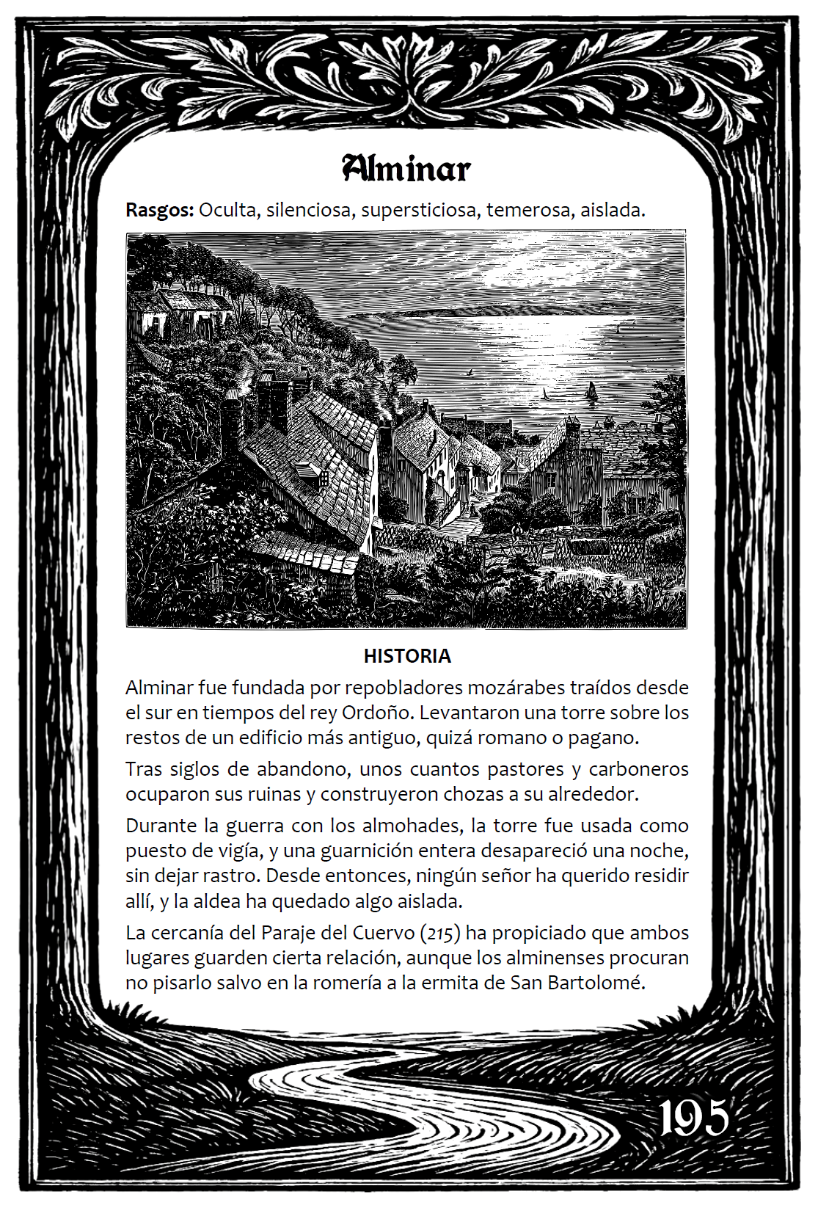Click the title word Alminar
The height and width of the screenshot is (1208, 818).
[406, 169]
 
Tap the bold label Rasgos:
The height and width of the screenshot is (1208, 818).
[159, 210]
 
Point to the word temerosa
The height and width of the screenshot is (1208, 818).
[527, 210]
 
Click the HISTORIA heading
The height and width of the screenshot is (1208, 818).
[407, 656]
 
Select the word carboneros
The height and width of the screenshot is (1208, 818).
[638, 769]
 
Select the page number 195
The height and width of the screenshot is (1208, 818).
[693, 1118]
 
